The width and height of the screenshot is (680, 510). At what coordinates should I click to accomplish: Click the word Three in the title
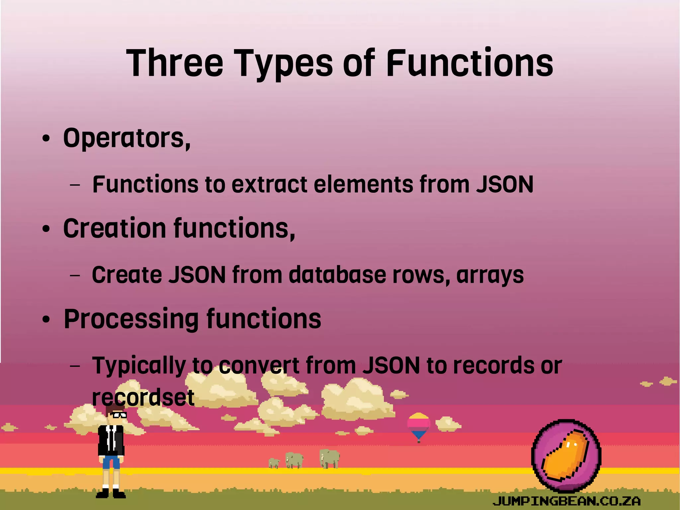click(175, 63)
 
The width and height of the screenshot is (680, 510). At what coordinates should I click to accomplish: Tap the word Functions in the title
click(469, 63)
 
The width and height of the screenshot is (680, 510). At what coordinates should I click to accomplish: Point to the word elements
click(363, 184)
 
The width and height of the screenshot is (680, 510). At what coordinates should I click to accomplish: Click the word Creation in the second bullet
click(114, 229)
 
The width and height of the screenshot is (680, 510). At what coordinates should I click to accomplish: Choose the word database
click(337, 275)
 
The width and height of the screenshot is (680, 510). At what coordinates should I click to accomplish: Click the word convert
click(259, 366)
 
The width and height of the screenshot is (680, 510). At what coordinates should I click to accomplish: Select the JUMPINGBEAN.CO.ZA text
click(566, 500)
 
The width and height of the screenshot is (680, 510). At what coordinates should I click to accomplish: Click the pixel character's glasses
click(119, 415)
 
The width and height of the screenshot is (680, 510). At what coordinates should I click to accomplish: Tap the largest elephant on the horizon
click(329, 458)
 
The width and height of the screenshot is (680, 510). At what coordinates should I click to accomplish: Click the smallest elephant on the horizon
click(274, 463)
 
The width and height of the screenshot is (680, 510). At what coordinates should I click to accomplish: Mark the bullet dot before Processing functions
click(46, 320)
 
